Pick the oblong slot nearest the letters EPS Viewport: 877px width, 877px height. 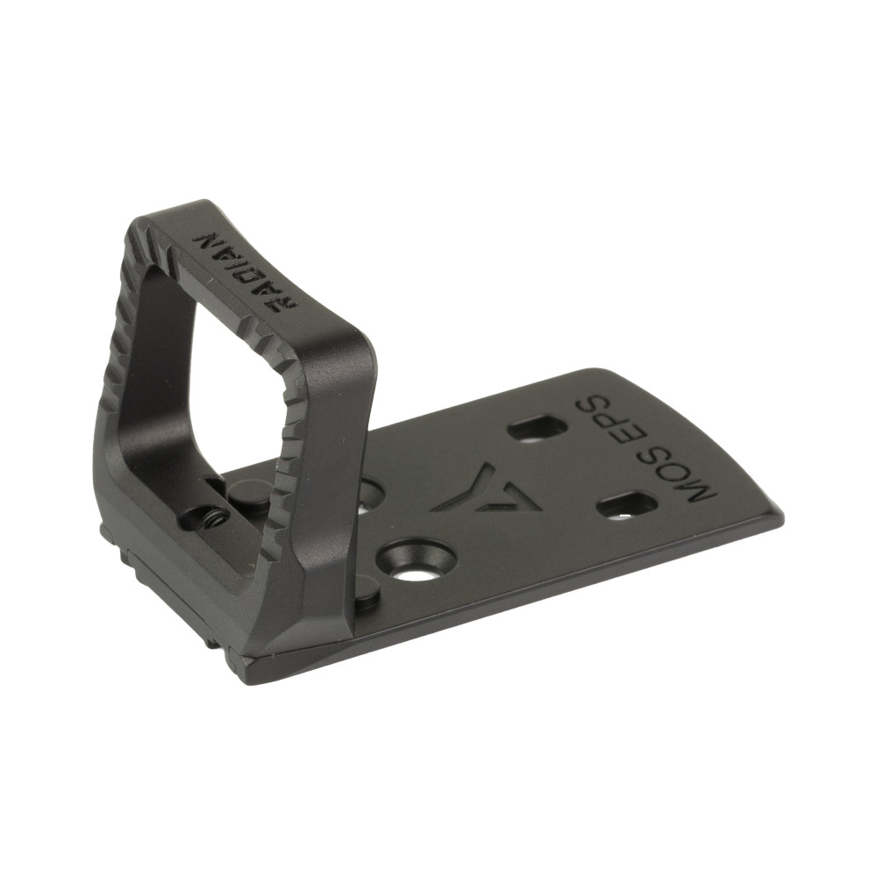537,428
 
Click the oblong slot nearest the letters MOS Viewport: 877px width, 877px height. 626,504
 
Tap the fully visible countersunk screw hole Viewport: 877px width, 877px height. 417,560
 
